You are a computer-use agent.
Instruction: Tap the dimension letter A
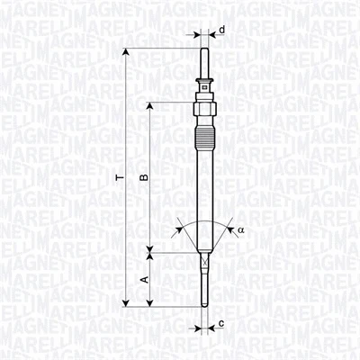(142, 280)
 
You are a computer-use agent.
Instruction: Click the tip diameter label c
(220, 321)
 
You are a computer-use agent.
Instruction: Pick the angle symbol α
(240, 230)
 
